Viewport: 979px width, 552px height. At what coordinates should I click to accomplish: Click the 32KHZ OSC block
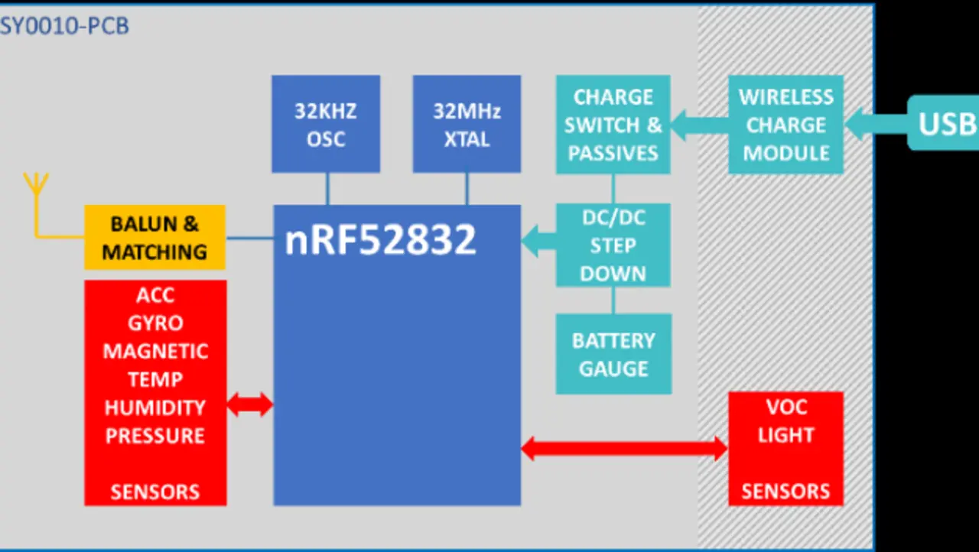(326, 124)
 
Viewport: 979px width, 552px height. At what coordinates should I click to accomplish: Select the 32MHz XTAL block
(467, 124)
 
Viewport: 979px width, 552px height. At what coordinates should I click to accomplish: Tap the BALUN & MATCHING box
(154, 237)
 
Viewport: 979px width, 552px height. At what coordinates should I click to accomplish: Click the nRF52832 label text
(380, 239)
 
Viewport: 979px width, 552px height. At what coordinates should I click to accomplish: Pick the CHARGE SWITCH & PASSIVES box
(613, 125)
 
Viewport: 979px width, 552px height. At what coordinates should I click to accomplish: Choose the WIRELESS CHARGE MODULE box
(785, 125)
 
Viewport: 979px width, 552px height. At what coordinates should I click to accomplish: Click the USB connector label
(945, 123)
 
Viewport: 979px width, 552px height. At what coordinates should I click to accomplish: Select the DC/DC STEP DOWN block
(613, 245)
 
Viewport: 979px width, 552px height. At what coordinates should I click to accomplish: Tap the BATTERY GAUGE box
(613, 354)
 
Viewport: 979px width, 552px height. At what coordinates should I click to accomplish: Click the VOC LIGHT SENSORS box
(785, 449)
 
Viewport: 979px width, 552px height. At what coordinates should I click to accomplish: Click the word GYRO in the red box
(155, 323)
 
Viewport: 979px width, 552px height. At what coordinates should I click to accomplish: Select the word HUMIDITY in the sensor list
(155, 408)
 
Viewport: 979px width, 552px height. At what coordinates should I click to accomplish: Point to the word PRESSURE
(155, 436)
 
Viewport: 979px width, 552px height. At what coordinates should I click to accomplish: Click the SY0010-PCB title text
(64, 26)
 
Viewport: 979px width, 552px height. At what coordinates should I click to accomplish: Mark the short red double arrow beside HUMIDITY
(250, 404)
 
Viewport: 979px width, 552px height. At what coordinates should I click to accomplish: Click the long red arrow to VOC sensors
(624, 449)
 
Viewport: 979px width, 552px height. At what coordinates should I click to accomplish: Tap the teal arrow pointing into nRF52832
(538, 242)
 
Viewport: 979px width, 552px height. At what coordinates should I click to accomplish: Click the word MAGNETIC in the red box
(155, 351)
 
